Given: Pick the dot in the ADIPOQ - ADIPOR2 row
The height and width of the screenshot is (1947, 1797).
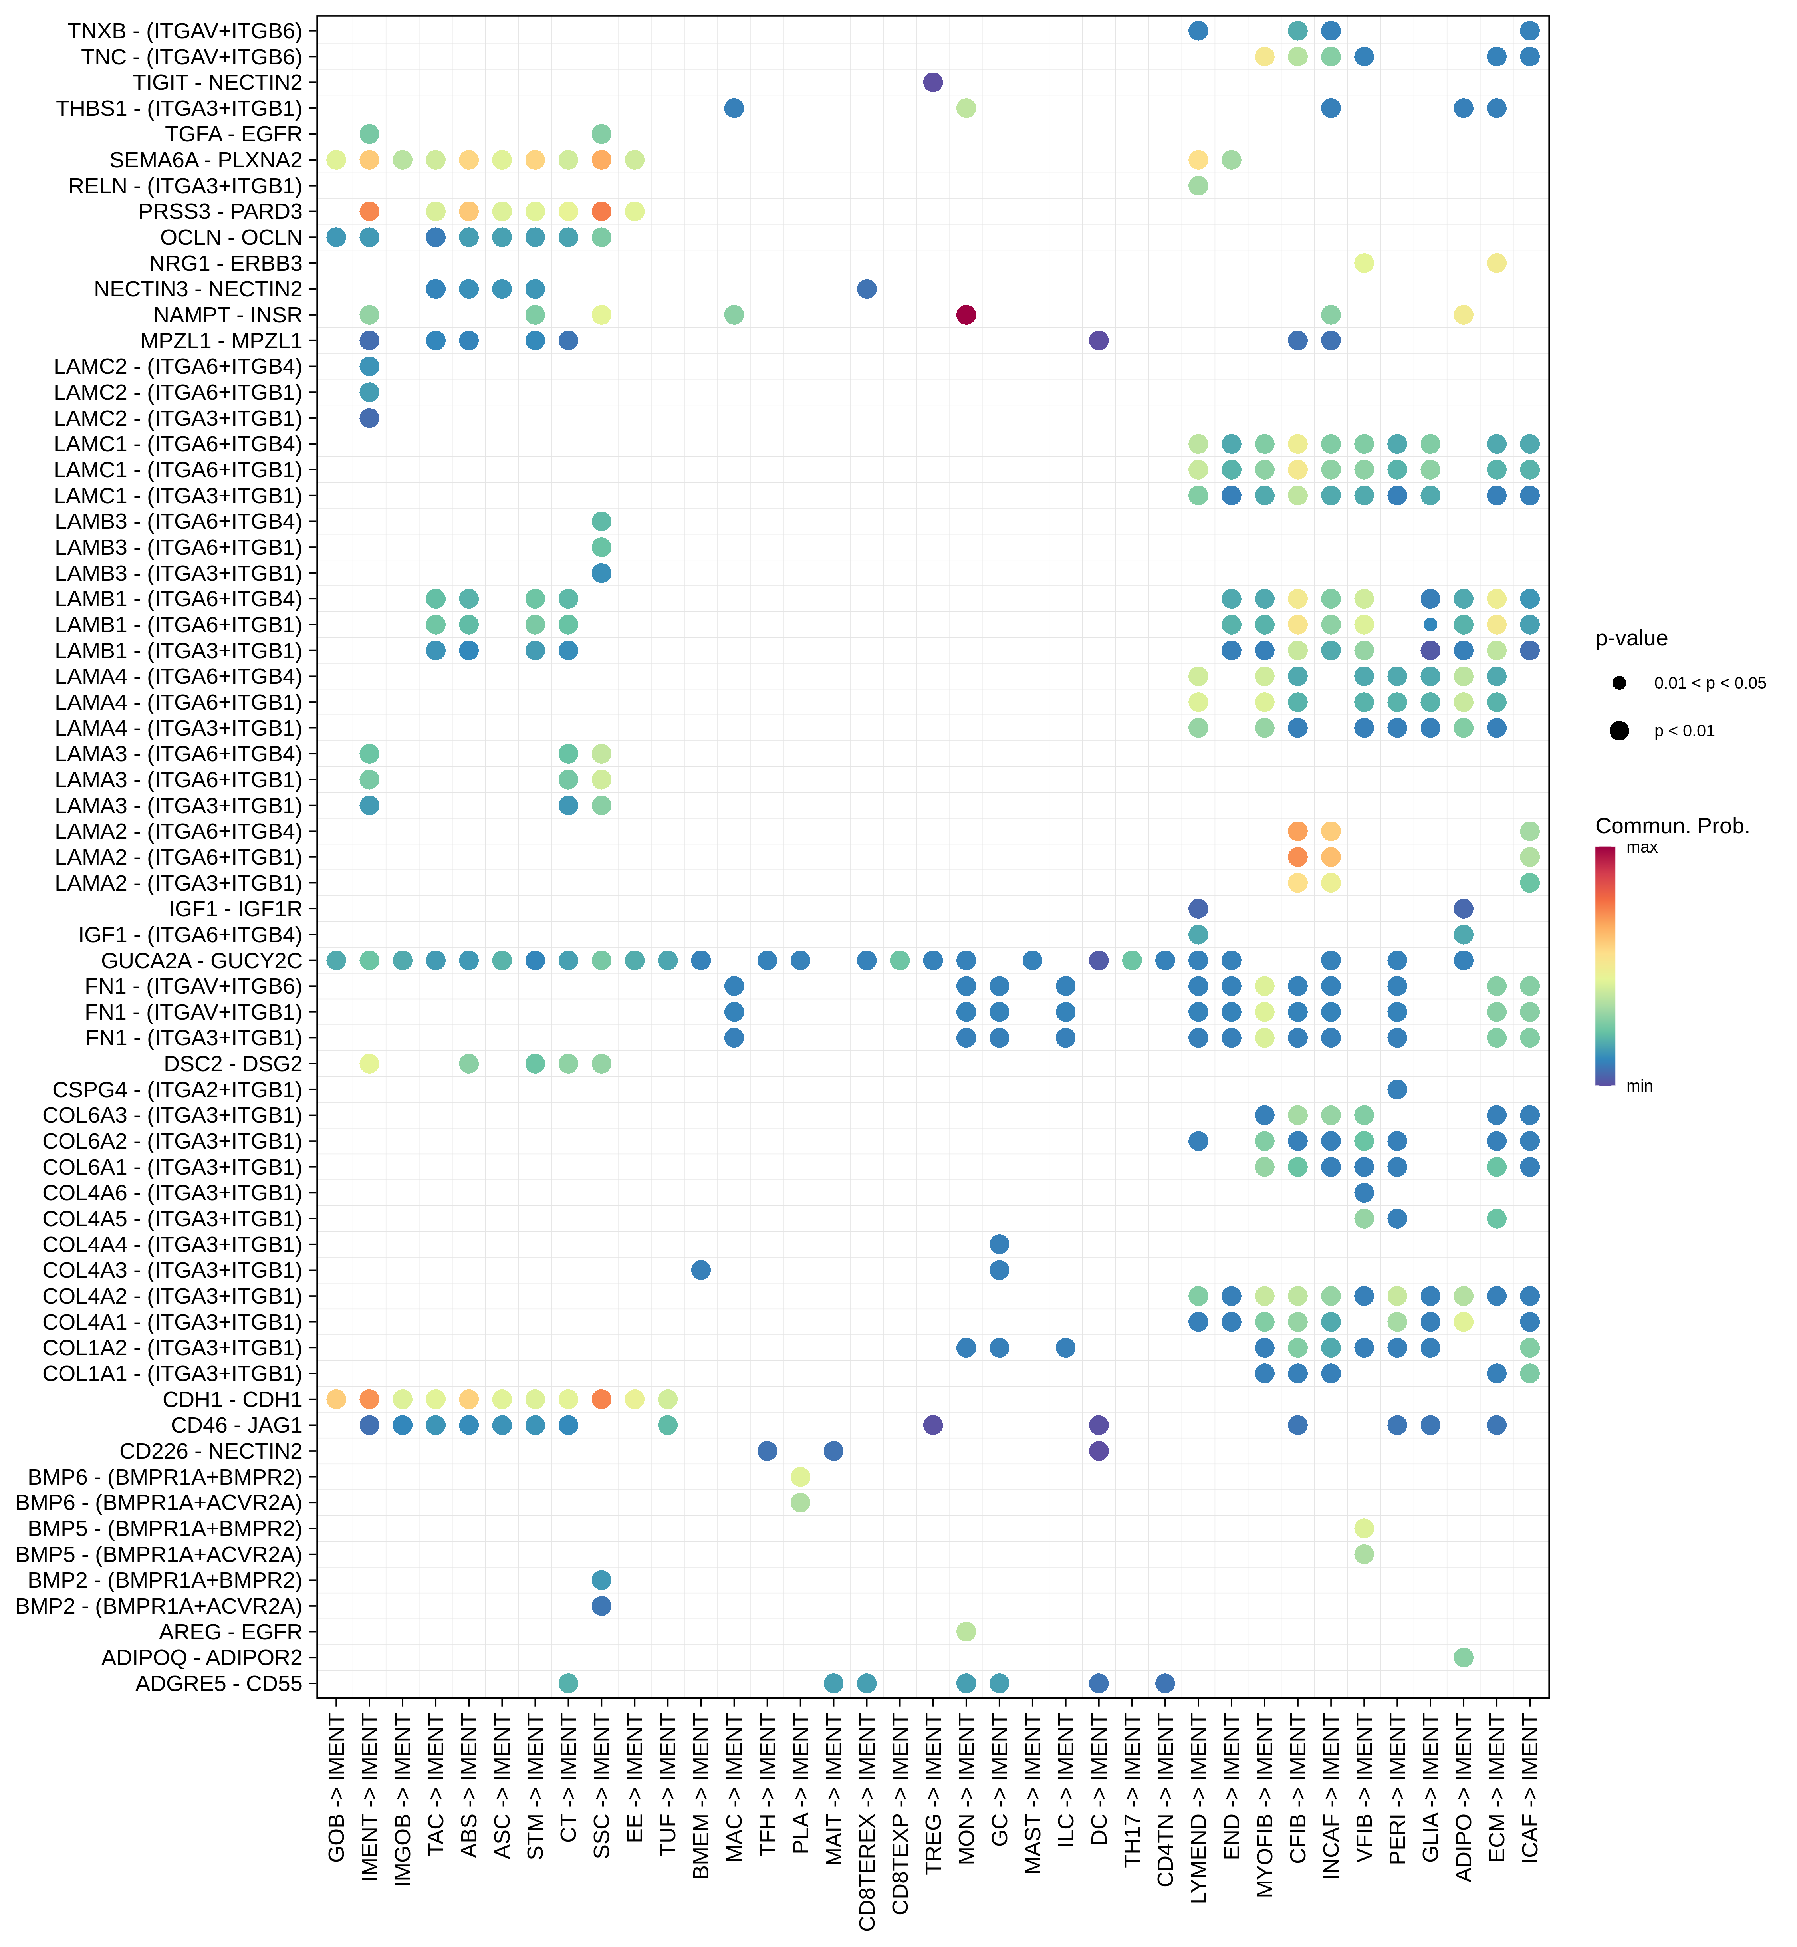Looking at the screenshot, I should [x=1464, y=1657].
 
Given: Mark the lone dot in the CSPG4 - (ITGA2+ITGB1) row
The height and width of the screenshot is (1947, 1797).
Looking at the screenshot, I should [x=1397, y=1089].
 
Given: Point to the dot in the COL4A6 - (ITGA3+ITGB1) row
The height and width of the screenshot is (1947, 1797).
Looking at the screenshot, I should [x=1364, y=1192].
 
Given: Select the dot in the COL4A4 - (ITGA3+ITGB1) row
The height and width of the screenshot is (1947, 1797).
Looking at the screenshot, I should [x=999, y=1244].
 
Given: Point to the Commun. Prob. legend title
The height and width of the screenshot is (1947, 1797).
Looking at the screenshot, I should [x=1672, y=826].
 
